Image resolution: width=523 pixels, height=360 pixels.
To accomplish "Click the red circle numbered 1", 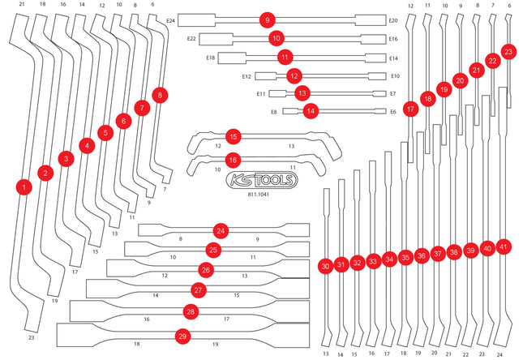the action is [24, 187].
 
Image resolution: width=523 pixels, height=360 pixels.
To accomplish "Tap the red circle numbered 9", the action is [268, 20].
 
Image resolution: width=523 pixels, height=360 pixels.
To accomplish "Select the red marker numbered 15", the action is [234, 136].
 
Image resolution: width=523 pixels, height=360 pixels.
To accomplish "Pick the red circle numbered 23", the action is [508, 52].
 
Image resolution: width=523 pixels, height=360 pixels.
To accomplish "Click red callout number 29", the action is [182, 336].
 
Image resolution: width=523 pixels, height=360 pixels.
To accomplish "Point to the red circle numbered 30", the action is [325, 266].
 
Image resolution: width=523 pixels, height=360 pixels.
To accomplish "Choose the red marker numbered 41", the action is [504, 247].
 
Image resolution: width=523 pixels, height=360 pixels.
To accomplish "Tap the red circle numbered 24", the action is [221, 231].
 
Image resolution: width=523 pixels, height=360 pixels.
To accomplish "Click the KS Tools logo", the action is [262, 180].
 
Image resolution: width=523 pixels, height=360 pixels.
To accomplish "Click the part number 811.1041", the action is [258, 194].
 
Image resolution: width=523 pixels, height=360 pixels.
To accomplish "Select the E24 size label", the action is [170, 21].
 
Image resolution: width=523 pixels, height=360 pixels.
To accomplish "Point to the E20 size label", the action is [393, 21].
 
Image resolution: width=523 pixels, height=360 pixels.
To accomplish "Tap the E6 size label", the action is [393, 112].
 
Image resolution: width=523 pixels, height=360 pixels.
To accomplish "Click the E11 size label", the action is [261, 94].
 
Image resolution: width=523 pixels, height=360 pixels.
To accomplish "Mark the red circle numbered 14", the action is [311, 111].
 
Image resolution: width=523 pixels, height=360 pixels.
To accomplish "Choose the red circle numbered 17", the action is [410, 109].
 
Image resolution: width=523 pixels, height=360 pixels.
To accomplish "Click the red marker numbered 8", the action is [160, 95].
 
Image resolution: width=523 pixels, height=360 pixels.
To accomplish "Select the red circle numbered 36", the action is [422, 255].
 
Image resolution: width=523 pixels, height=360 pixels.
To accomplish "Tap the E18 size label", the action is [211, 58].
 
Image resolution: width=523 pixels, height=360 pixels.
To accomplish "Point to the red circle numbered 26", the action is [206, 270].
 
